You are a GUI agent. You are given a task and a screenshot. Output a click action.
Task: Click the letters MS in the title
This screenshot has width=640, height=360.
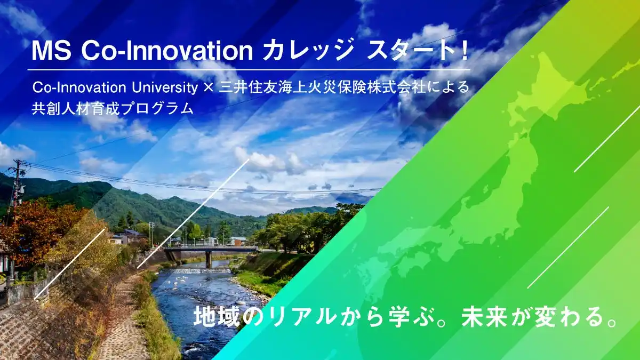coord(51,51)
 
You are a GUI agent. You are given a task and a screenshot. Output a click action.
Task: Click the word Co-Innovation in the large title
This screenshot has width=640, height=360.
coord(167,51)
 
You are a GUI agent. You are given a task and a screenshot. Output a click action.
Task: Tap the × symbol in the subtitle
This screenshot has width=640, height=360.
coord(209,87)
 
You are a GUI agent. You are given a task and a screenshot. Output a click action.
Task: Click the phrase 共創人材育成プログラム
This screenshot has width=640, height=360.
coord(113,109)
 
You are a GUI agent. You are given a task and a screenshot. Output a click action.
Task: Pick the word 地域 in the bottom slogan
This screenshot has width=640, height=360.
coord(217,317)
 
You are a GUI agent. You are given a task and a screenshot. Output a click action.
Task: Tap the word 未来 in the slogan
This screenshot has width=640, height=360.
coord(484,317)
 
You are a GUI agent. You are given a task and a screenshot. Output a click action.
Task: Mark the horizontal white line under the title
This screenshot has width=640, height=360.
coord(249,69)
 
